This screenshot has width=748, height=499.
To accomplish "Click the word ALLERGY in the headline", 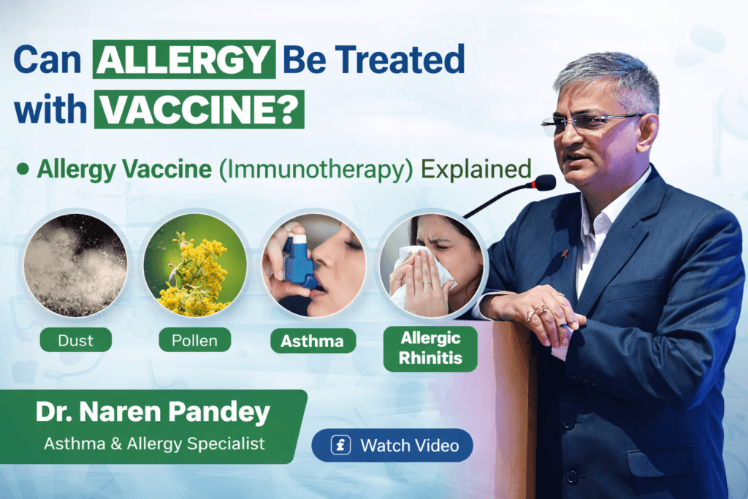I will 184,60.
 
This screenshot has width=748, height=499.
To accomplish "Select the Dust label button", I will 76,340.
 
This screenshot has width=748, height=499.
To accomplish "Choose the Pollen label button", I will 194,340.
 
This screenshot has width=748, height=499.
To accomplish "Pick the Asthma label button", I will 312,340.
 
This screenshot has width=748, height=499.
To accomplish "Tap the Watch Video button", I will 392,445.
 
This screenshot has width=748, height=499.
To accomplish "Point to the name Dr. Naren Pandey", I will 152,413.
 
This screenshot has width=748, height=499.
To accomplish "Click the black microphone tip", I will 543,183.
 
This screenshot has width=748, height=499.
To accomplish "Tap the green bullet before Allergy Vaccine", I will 23,169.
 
